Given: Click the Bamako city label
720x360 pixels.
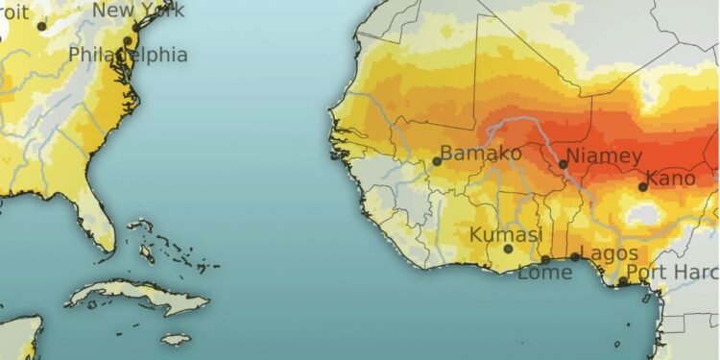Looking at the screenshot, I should (483, 154).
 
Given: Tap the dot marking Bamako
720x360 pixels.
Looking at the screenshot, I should (437, 161).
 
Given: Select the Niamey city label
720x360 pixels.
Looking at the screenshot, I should (604, 156).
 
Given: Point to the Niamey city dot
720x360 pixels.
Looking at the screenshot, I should (564, 164).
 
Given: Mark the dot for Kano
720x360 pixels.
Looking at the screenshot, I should (643, 186).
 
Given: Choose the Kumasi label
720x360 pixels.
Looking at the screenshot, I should (506, 235).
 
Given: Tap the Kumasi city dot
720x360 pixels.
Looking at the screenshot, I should (509, 249).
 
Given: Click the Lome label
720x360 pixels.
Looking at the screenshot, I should (544, 273).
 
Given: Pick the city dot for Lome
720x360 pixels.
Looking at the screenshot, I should (545, 259).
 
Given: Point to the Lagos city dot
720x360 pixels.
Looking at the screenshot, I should (575, 256).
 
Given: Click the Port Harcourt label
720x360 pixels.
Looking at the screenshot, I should (672, 273).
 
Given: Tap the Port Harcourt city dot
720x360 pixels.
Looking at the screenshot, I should (622, 281).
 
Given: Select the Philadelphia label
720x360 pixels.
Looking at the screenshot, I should (128, 55).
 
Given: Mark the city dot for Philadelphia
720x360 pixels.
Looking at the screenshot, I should (128, 40).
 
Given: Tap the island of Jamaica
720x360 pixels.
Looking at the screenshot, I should (176, 339).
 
